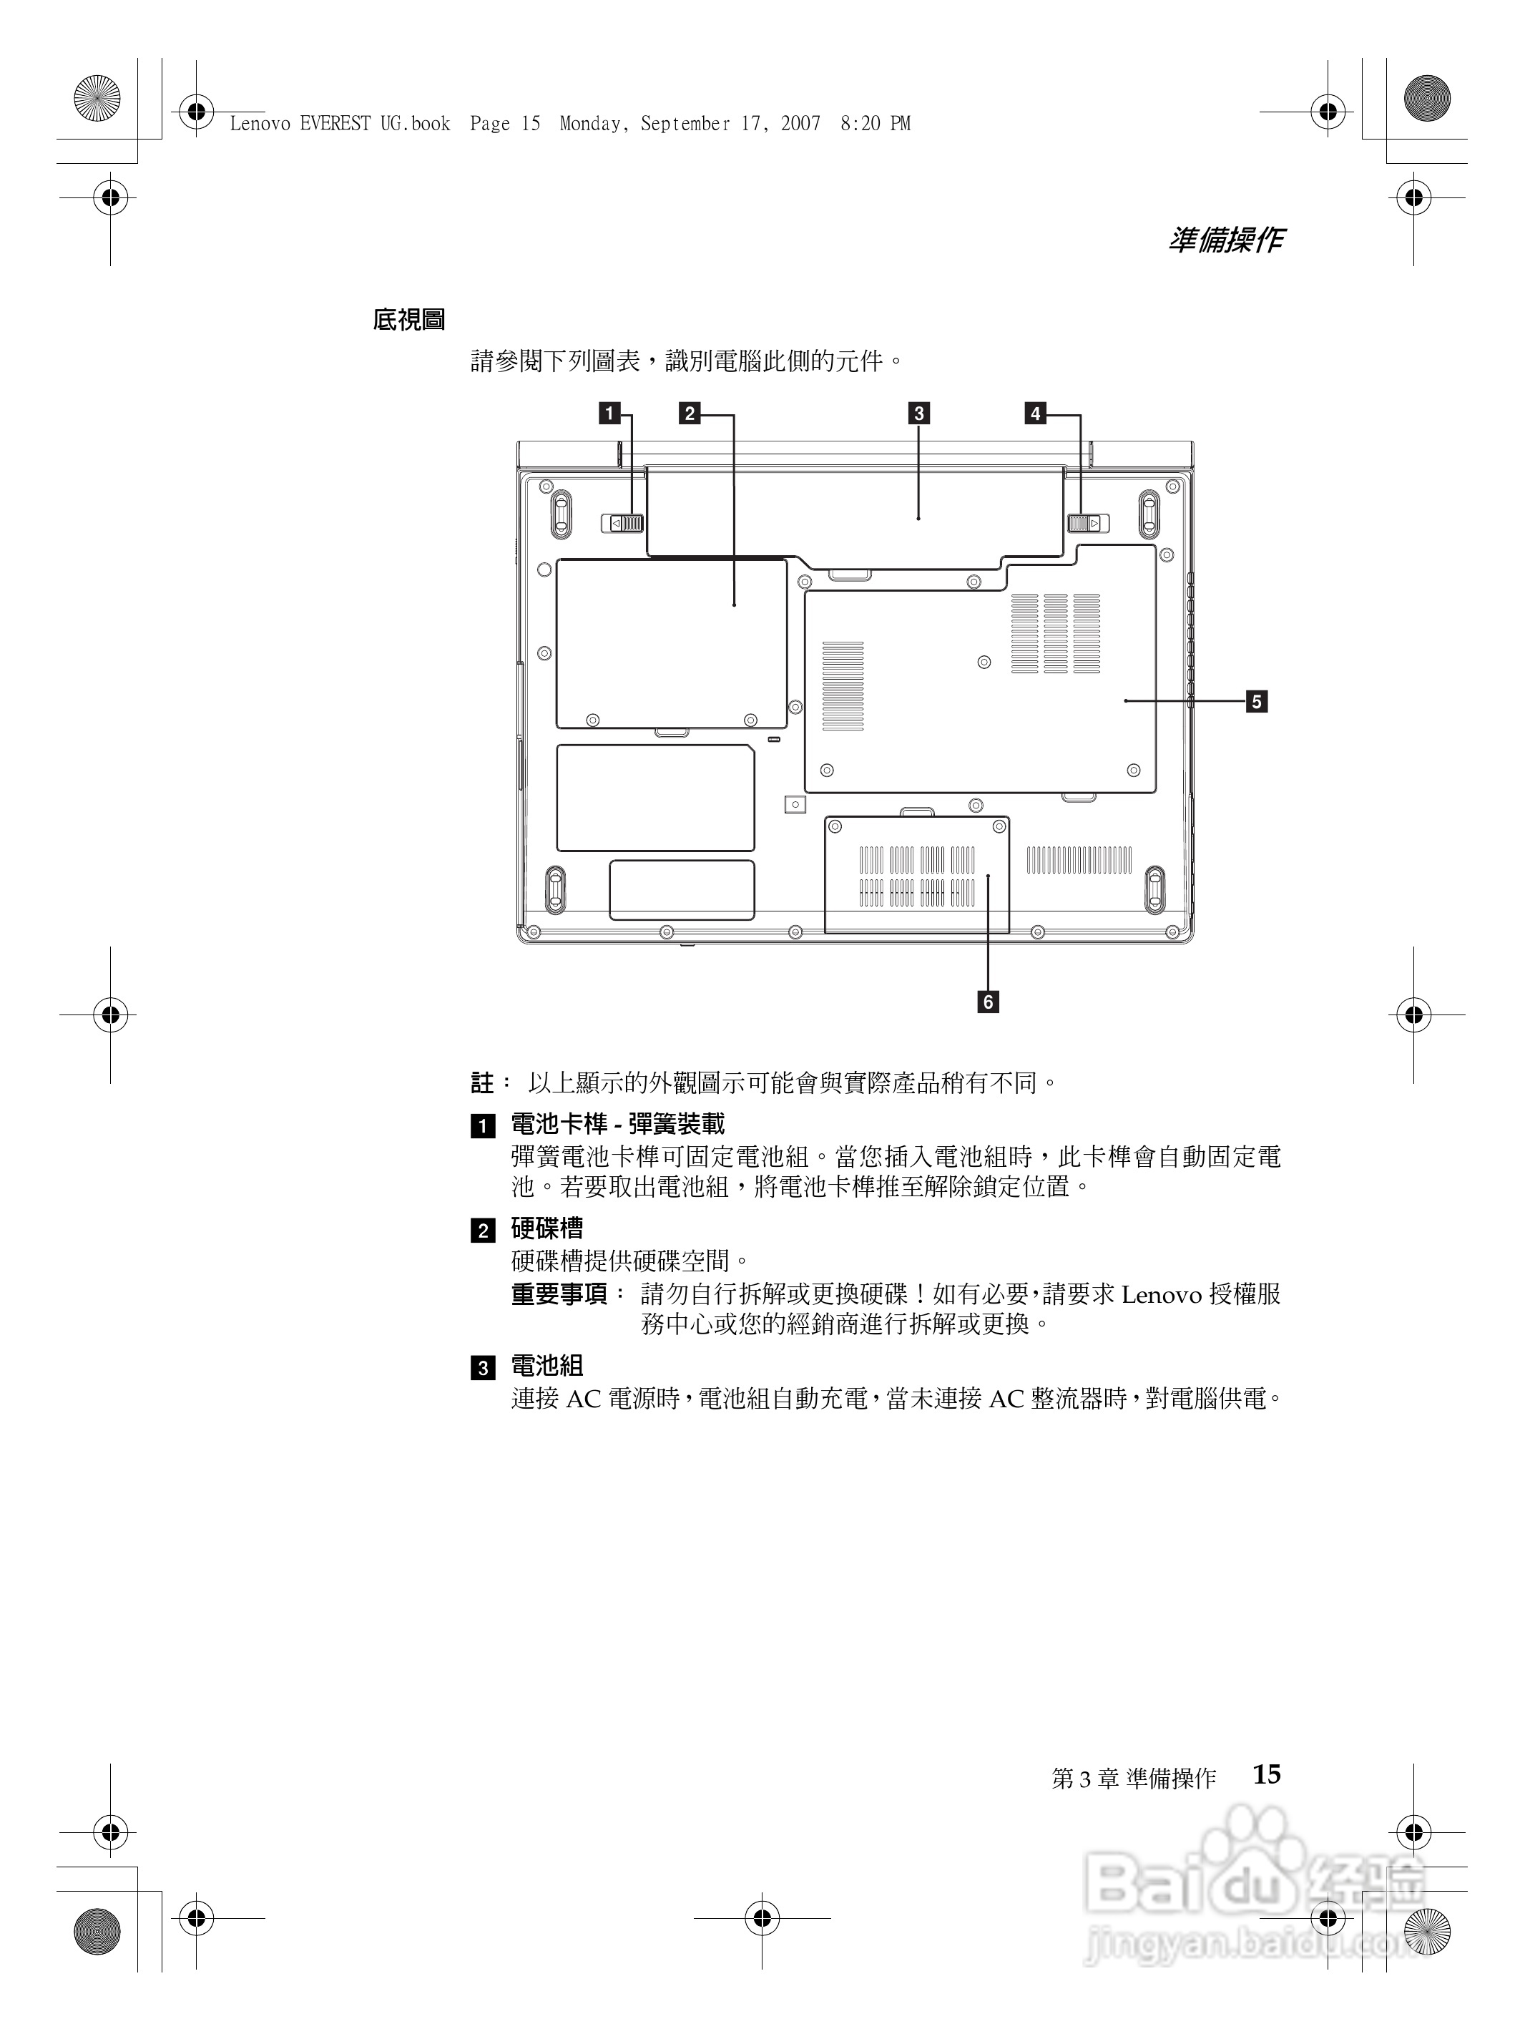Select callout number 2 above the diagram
(x=690, y=413)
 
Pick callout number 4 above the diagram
(x=1035, y=413)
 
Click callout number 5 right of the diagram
(x=1256, y=702)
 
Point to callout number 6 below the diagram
(x=988, y=1002)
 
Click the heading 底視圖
(x=409, y=320)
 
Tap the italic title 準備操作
(x=1226, y=240)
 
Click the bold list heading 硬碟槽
(x=546, y=1228)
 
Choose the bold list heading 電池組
(x=546, y=1366)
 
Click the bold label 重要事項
(x=559, y=1294)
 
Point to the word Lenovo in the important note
(x=1161, y=1295)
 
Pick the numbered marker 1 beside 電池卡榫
(x=482, y=1125)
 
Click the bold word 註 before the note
(x=481, y=1083)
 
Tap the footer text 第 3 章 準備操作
(x=1134, y=1779)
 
